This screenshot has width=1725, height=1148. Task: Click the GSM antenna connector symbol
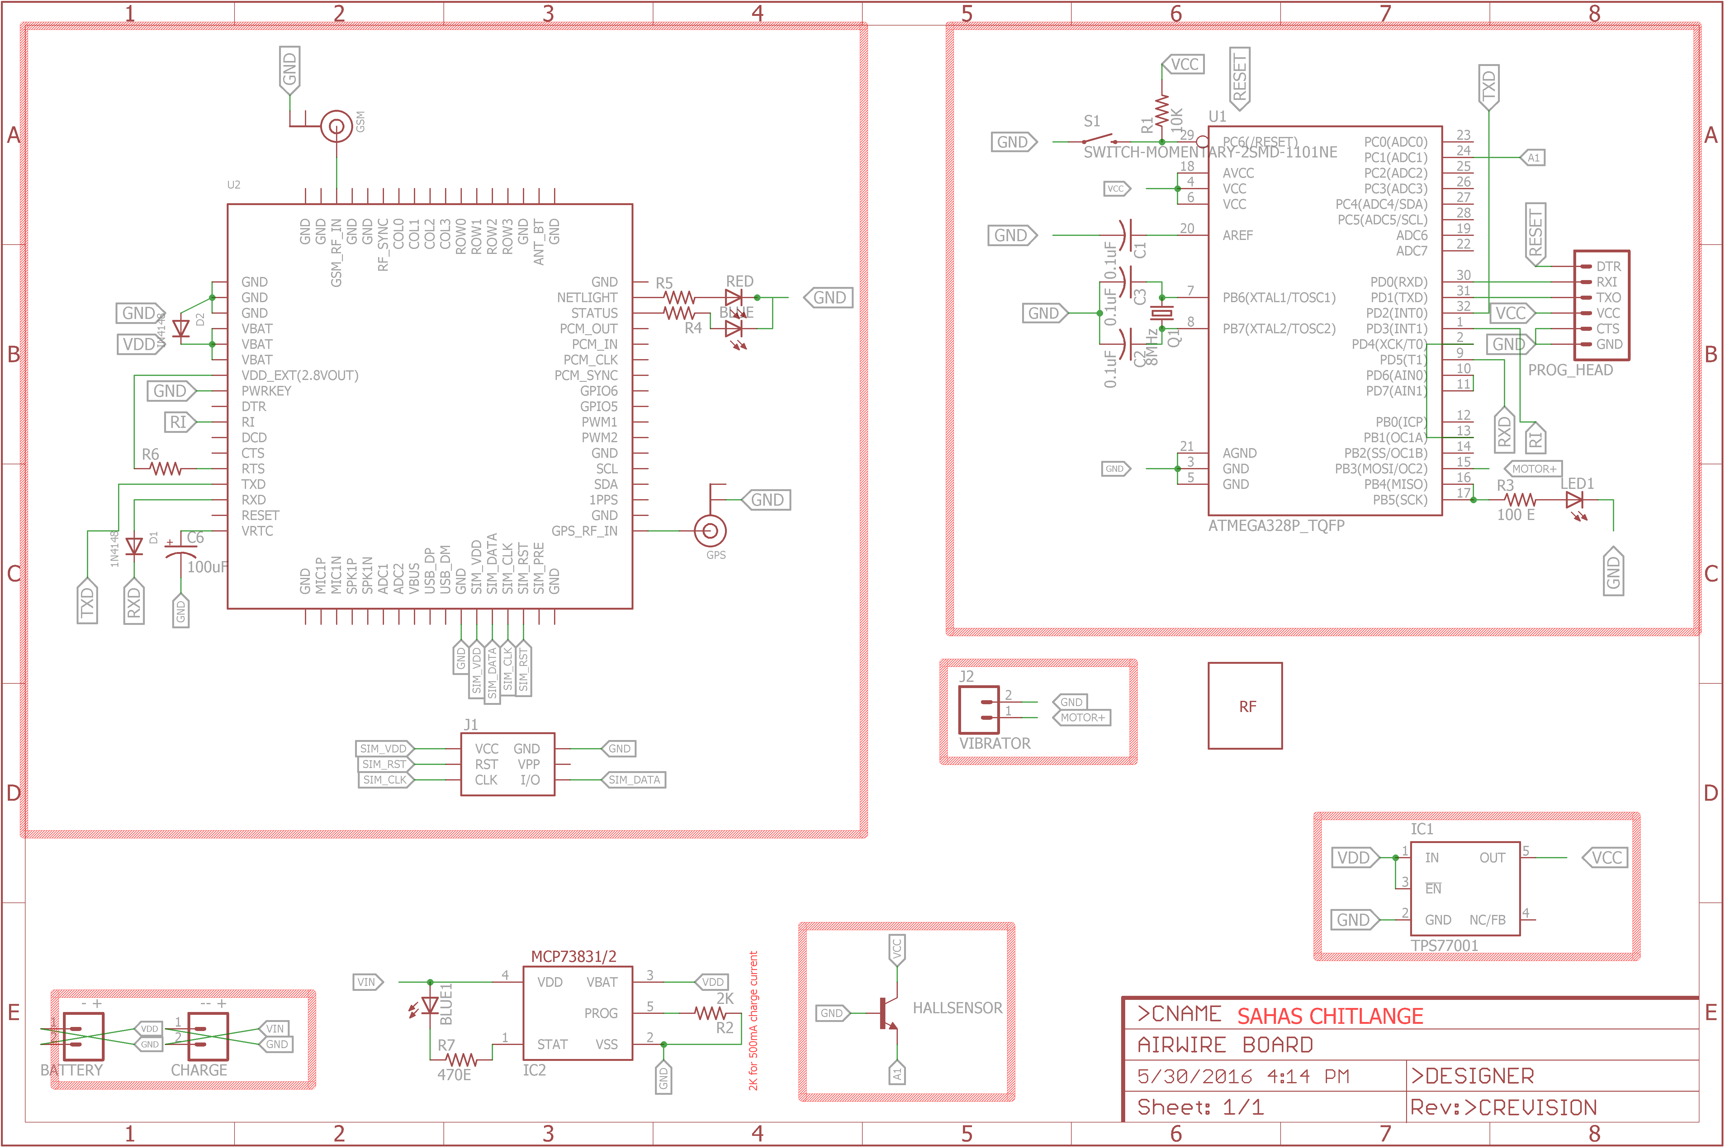[x=336, y=127]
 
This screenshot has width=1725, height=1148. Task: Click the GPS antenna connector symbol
[x=710, y=531]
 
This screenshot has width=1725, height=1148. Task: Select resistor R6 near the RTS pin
[x=166, y=469]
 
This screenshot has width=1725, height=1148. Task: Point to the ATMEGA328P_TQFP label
[x=1276, y=526]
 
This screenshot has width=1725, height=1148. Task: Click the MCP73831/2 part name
[x=574, y=956]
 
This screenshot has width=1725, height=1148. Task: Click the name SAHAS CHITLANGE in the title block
[x=1329, y=1016]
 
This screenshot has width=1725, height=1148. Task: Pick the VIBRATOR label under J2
[x=994, y=743]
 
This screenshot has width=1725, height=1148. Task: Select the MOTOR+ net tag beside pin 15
[x=1533, y=469]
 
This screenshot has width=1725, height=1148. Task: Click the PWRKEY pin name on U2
[x=266, y=391]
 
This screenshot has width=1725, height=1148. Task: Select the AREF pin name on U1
[x=1237, y=235]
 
